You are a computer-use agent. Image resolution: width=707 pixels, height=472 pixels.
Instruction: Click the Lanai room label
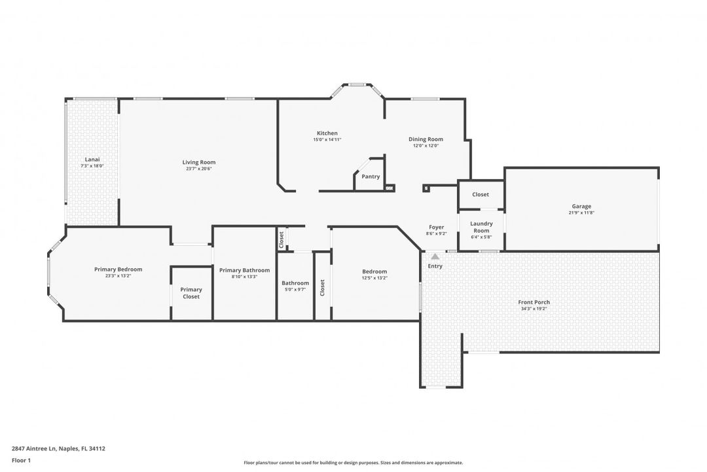[x=92, y=159]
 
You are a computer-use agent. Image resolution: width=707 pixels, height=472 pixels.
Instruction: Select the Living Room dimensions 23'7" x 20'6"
[x=198, y=168]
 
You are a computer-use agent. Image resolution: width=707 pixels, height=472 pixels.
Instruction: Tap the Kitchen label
[x=327, y=133]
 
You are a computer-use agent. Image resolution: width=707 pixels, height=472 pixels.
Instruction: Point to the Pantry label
[x=371, y=176]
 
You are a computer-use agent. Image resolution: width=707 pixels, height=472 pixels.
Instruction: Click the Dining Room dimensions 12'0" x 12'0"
[x=426, y=146]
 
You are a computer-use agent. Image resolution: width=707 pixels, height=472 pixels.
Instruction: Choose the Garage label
[x=581, y=206]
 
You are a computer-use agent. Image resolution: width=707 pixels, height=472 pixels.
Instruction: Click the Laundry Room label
[x=481, y=227]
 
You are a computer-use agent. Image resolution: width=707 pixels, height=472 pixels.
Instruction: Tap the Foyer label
[x=436, y=227]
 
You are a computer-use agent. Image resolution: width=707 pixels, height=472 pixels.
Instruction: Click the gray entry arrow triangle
[x=435, y=256]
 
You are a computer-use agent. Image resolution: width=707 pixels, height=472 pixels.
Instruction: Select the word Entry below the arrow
[x=435, y=266]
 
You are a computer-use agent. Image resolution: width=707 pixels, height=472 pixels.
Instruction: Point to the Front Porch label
[x=534, y=302]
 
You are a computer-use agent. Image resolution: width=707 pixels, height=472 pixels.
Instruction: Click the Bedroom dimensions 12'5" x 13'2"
[x=374, y=278]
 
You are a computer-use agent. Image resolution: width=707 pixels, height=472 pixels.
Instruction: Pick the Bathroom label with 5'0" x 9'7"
[x=295, y=283]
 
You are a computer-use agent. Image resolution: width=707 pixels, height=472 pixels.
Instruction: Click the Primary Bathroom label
[x=244, y=270]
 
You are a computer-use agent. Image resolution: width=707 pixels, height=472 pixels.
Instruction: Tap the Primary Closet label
[x=191, y=293]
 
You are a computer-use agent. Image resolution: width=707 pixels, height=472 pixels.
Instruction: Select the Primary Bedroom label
[x=118, y=269]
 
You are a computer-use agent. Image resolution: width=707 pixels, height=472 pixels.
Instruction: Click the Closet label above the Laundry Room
[x=480, y=195]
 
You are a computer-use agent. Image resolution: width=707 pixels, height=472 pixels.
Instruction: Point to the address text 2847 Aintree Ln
[x=58, y=449]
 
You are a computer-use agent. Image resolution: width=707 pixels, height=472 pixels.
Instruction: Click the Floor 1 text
[x=21, y=461]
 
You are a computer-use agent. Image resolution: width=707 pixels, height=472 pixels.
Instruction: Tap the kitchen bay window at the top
[x=357, y=85]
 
